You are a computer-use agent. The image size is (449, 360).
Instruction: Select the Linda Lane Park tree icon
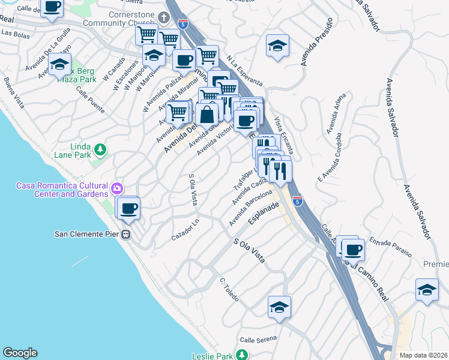click(101, 149)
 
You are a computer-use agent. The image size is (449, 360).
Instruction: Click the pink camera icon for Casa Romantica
click(116, 189)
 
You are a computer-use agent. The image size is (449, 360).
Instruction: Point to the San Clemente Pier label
click(83, 234)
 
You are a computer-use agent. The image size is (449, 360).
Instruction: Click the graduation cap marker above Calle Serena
click(279, 308)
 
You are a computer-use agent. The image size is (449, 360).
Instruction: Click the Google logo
click(20, 353)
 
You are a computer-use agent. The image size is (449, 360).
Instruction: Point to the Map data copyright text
click(423, 355)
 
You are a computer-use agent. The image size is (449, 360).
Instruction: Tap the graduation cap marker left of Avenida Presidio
click(277, 46)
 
